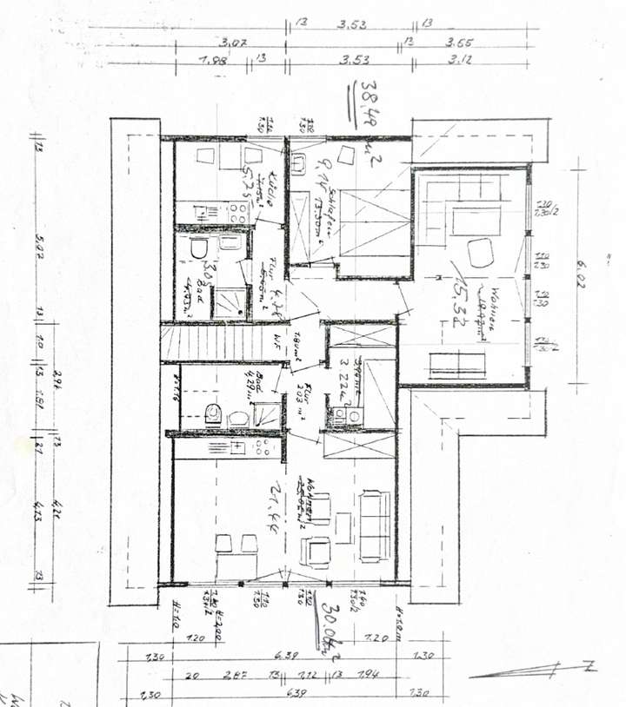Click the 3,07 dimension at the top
[x=230, y=41]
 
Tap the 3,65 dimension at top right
[x=460, y=41]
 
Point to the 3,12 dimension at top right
[x=460, y=60]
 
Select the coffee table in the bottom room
[x=343, y=525]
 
